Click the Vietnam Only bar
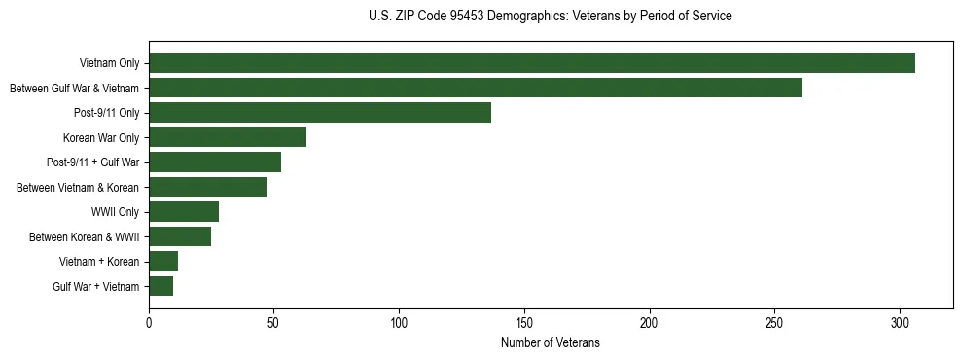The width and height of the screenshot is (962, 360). [532, 63]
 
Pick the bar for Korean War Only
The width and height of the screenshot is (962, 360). [228, 137]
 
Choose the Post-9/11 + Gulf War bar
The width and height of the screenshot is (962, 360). [215, 162]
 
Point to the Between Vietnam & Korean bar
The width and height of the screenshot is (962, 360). [207, 187]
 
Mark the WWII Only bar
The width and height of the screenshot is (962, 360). [184, 212]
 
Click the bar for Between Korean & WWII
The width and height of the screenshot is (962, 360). [180, 236]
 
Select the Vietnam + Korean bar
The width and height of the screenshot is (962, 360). [163, 262]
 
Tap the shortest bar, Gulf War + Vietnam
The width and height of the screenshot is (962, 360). [161, 286]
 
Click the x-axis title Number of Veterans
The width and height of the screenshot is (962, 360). [550, 343]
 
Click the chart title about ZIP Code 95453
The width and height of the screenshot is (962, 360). [550, 17]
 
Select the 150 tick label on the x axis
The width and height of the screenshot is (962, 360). [524, 322]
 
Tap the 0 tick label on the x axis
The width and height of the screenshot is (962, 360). [149, 322]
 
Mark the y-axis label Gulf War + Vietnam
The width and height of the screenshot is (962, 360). [96, 287]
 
